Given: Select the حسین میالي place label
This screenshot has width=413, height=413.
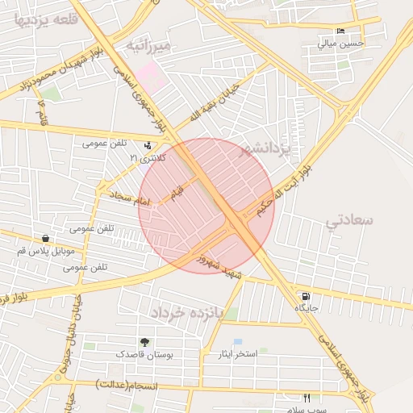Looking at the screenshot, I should point(341,43).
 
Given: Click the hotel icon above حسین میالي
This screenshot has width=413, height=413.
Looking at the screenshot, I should point(341,31).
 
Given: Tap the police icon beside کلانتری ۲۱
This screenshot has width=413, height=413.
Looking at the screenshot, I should point(148,146).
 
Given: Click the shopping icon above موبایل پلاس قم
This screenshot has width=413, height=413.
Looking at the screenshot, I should point(45,239).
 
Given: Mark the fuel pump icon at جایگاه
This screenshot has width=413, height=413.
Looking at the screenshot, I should point(303,296).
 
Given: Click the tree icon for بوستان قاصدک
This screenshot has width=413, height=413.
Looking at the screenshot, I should point(145,342).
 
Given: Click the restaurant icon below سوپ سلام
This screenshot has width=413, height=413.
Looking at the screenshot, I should point(307,397).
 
